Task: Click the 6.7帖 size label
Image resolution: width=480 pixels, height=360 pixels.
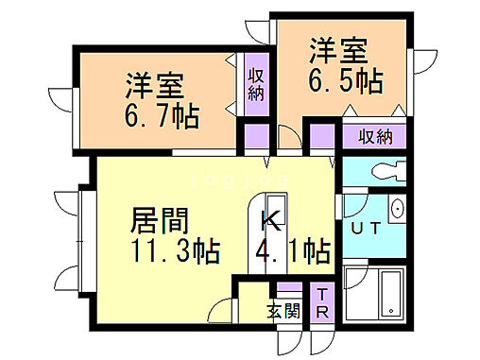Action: pos(161,116)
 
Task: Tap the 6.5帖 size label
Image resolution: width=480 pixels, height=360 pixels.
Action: pos(346,80)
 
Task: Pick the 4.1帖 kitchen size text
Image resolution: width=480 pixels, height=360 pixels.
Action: pos(294,253)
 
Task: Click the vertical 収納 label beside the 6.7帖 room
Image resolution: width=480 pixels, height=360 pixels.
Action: pos(256,84)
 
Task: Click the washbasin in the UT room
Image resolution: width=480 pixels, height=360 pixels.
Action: pos(397,209)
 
